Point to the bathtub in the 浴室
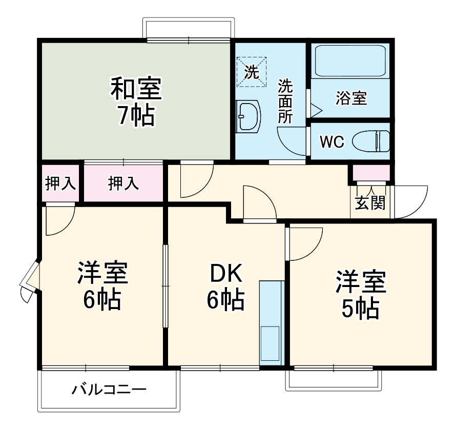coord(350,60)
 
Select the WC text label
coord(333,142)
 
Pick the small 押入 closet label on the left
coord(60,183)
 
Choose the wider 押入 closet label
coord(123,183)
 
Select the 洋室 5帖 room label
coord(361,294)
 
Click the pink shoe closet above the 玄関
coord(371,172)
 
